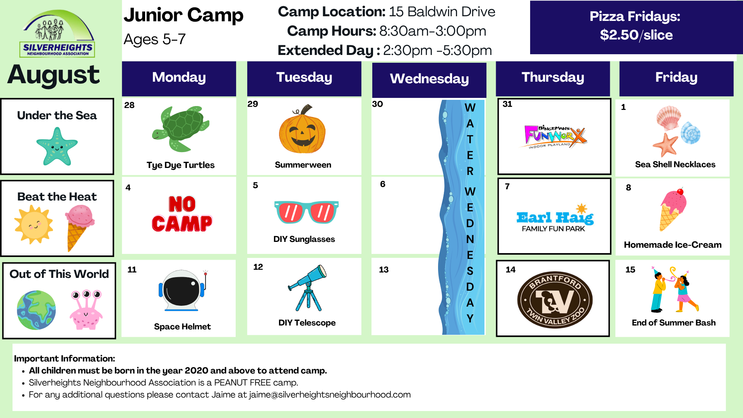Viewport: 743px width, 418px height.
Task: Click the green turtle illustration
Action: [x=181, y=128]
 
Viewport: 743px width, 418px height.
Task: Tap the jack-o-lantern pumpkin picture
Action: [x=302, y=129]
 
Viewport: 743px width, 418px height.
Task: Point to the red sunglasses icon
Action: [x=306, y=212]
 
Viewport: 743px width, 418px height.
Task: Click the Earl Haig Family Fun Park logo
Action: [x=555, y=218]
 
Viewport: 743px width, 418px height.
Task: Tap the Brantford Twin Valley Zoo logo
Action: [x=555, y=300]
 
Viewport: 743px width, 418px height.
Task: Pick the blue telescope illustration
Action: [x=308, y=288]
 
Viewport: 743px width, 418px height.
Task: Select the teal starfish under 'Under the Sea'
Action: [x=57, y=146]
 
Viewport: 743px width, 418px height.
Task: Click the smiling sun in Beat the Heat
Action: [x=34, y=224]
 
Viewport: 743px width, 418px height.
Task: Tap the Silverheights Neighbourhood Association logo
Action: [x=57, y=34]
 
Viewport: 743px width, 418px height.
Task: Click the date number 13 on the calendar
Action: [x=383, y=269]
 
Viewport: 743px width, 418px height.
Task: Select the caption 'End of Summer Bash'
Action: [x=673, y=323]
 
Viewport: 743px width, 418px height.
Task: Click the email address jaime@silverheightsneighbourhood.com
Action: [x=330, y=395]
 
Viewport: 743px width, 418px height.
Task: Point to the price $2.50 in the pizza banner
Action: [x=619, y=35]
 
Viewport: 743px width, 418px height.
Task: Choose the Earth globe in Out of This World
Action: [x=36, y=310]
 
